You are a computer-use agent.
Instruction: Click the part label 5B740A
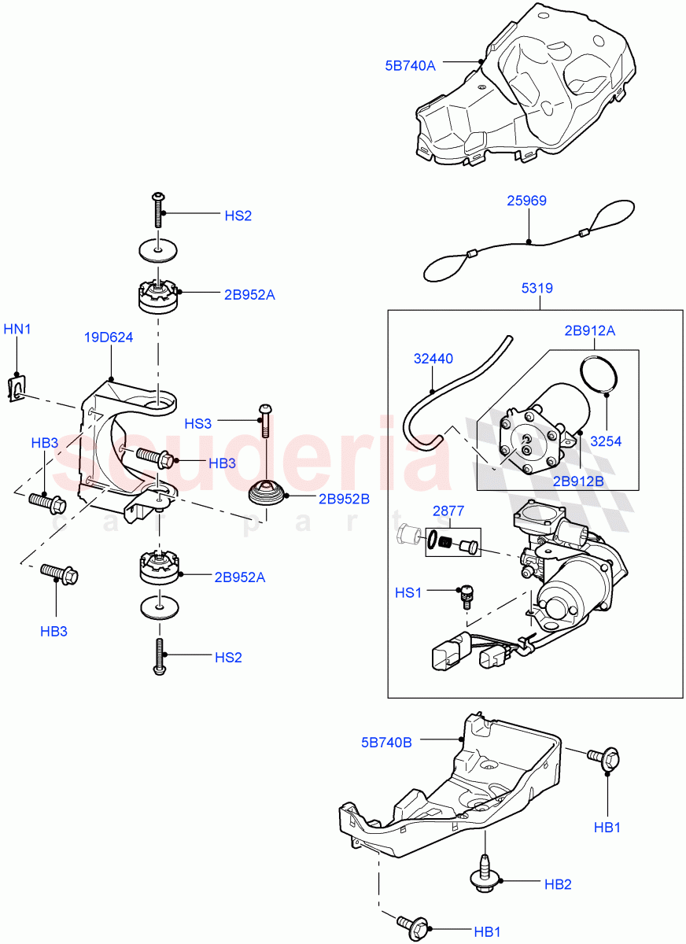[x=410, y=66]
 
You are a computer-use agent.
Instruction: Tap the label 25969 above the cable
[x=526, y=201]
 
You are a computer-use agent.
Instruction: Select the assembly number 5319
[x=537, y=289]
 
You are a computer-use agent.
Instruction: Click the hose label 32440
[x=433, y=359]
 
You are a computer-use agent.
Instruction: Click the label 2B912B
[x=578, y=481]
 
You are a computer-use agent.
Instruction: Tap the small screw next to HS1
[x=465, y=597]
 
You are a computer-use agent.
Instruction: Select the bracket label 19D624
[x=109, y=338]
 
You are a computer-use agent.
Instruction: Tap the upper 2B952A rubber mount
[x=158, y=297]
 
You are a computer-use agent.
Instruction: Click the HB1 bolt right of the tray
[x=606, y=758]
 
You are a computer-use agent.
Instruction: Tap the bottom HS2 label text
[x=228, y=657]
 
